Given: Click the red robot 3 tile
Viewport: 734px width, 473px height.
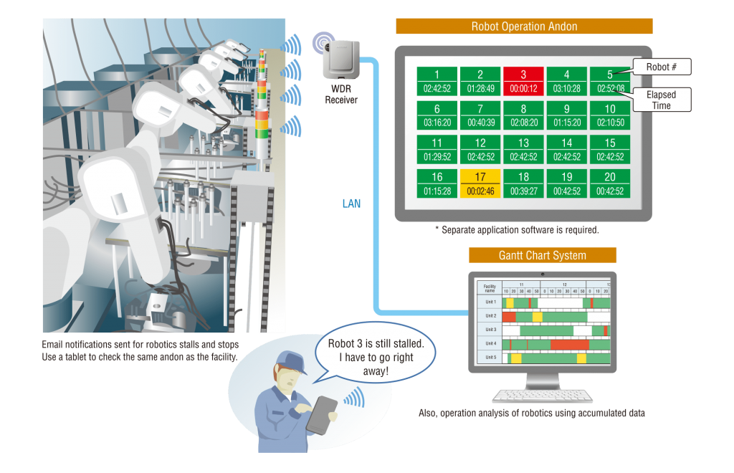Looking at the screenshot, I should point(523,81).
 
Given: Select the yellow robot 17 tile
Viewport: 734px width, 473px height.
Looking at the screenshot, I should point(480,183).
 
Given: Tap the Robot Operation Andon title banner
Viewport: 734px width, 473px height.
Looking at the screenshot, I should point(524,27).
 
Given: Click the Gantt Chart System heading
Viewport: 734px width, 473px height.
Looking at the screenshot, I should point(542,255).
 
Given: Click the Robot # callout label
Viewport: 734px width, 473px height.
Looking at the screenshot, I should point(661,67).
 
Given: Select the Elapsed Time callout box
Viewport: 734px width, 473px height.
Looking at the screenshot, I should point(661,100).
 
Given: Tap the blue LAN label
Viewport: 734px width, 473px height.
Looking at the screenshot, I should point(351,204).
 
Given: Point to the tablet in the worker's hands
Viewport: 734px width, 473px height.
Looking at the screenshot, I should point(321,414).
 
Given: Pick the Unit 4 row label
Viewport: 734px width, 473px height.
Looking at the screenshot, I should point(490,343).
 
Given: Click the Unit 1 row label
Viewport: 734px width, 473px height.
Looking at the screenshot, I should point(490,302).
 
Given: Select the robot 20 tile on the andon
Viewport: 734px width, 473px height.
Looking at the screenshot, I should point(610,183).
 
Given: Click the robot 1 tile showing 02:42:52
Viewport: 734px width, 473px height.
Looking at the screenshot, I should point(437,81).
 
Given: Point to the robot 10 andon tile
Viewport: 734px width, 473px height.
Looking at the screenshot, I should point(610,115).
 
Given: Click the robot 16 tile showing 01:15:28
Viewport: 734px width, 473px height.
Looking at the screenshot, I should point(437,183).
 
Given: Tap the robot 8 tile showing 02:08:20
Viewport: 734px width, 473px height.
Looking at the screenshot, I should point(523,115).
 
